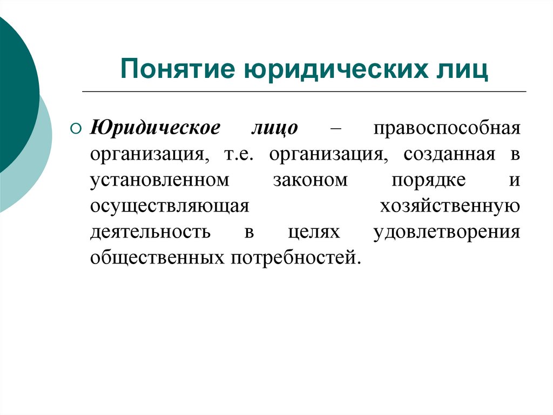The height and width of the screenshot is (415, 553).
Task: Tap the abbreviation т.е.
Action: [x=237, y=154]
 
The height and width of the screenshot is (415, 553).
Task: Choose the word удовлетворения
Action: [x=446, y=232]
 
